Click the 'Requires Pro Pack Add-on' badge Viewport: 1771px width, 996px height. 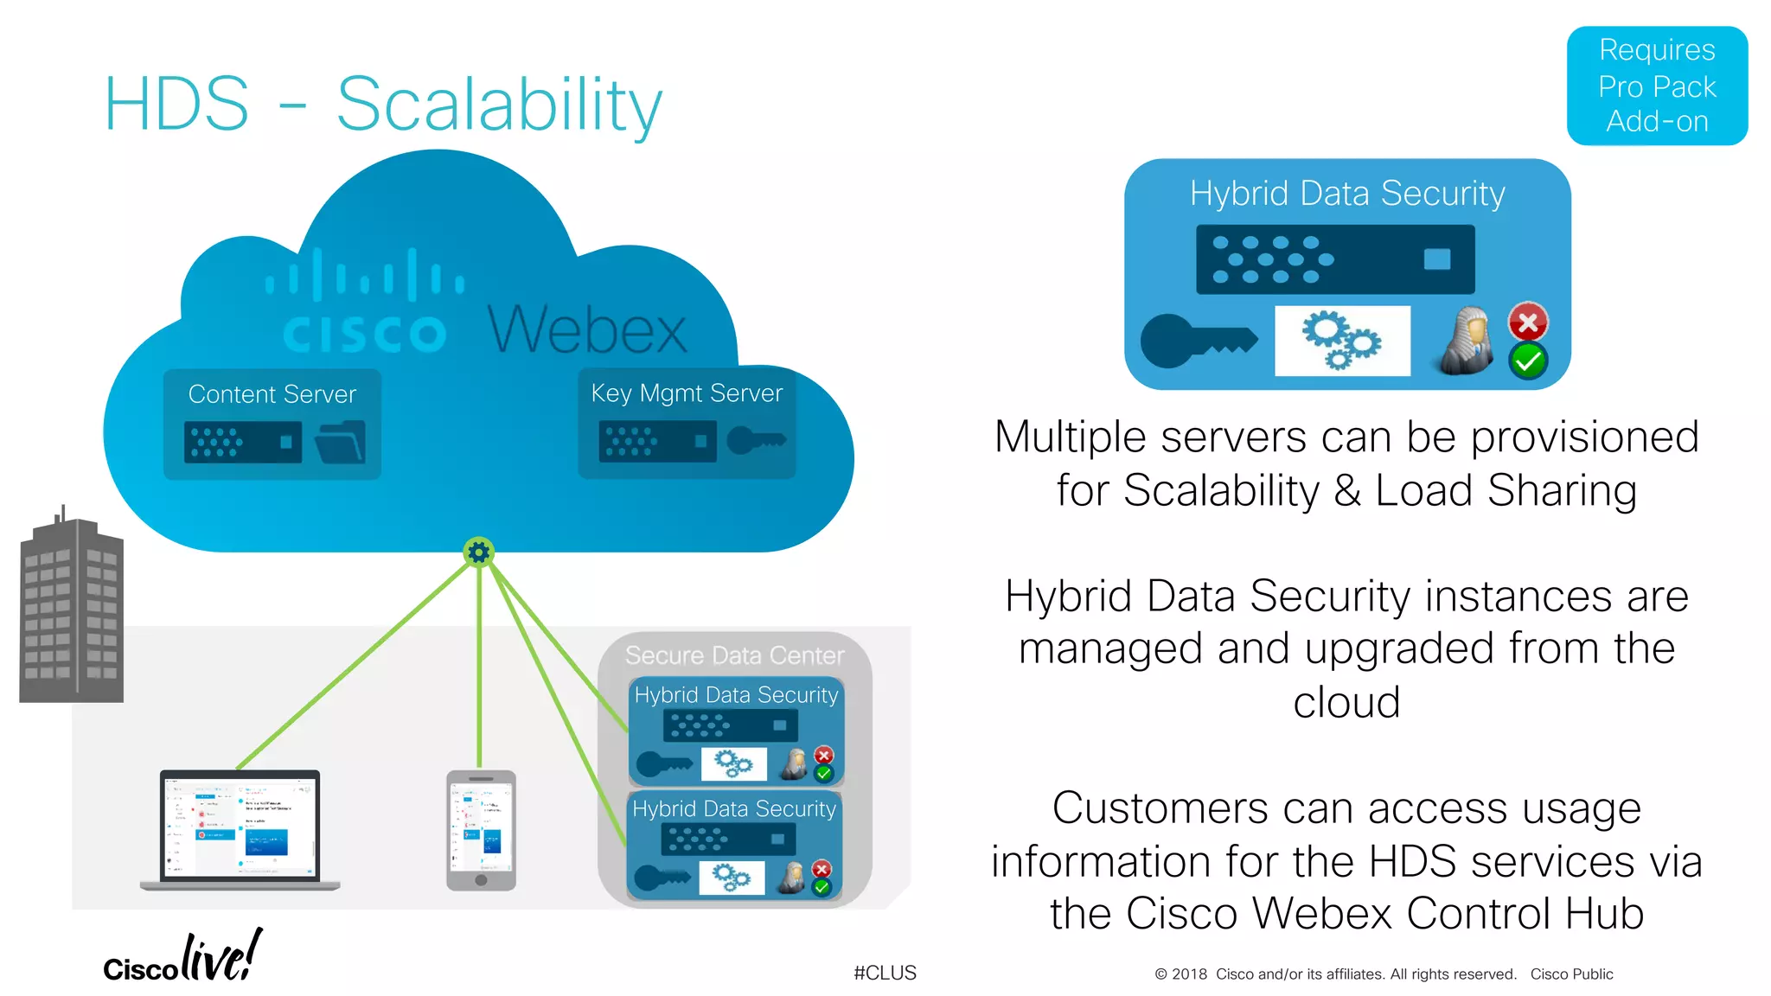(1656, 86)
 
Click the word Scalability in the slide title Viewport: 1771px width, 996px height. (499, 105)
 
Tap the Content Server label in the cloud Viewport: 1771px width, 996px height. (272, 394)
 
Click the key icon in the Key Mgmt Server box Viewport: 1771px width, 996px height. (756, 440)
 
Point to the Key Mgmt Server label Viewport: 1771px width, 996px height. (687, 393)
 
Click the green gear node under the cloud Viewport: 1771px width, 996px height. (478, 552)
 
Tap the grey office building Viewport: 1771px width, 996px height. (72, 610)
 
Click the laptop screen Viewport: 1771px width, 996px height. (240, 825)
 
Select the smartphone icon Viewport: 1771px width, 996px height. (481, 830)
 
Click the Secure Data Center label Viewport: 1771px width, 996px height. (734, 655)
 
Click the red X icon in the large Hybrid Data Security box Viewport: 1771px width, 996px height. (1528, 322)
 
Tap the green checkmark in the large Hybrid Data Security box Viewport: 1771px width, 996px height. (1528, 361)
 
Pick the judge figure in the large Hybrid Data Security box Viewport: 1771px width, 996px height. (1468, 341)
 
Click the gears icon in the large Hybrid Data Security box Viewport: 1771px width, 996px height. (1341, 341)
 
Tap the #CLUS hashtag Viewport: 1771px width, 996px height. (885, 973)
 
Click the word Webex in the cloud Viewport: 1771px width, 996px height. (587, 330)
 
